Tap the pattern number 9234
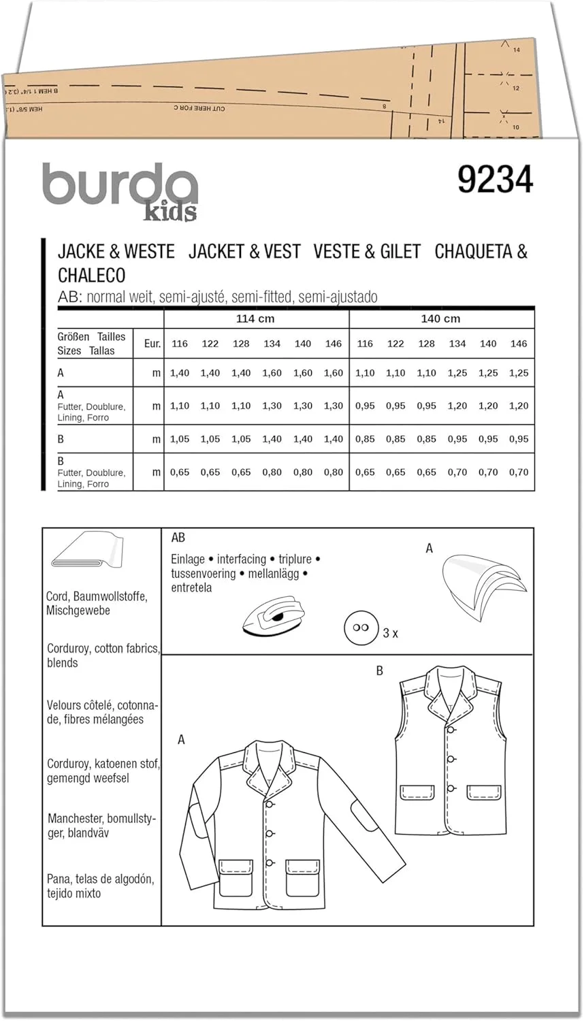tap(495, 180)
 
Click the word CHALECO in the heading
tap(91, 275)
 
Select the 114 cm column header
tap(256, 319)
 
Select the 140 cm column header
tap(441, 319)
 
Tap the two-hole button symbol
tap(359, 627)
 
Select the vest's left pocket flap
tap(417, 792)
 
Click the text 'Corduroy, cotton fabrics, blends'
tap(103, 655)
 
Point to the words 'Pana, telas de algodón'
tap(100, 879)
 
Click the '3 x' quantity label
tap(390, 633)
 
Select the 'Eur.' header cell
tap(152, 344)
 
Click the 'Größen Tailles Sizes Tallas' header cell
tap(92, 344)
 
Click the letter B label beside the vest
tap(380, 671)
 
